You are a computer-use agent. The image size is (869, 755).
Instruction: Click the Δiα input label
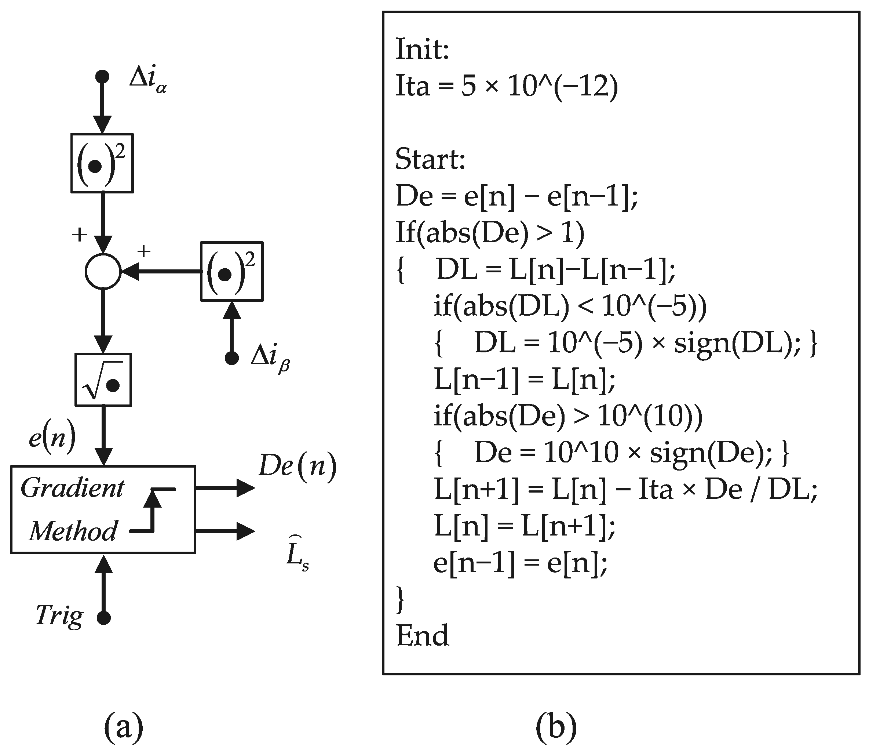pos(147,80)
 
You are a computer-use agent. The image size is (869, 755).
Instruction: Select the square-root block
pos(103,380)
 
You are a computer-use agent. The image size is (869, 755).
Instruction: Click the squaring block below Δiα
pos(102,163)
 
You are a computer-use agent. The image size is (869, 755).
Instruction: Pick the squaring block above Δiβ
pos(231,271)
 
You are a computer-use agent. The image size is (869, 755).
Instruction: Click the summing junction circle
pos(103,271)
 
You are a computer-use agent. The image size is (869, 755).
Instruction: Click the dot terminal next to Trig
pos(103,618)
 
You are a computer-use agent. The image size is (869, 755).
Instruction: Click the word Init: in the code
pos(422,50)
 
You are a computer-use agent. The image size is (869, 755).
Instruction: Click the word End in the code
pos(422,635)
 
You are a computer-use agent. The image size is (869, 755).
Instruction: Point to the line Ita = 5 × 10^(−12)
pos(507,86)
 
